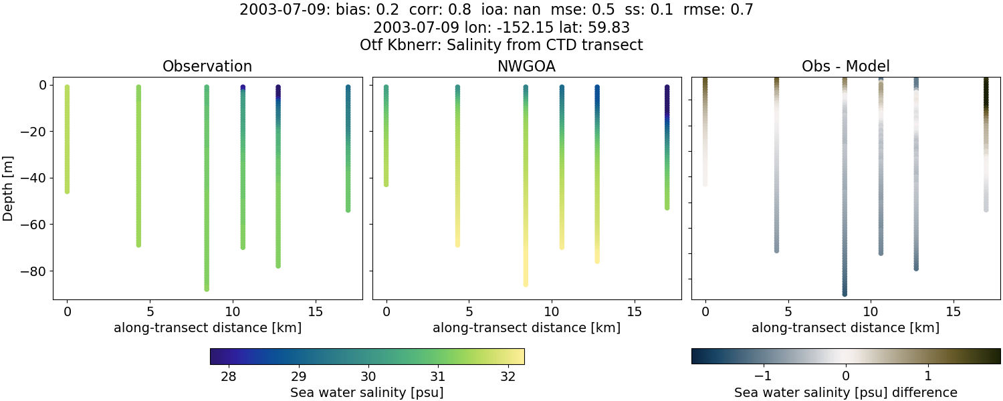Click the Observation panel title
click(207, 67)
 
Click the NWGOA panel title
click(526, 67)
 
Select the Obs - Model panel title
click(845, 67)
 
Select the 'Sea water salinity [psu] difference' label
click(845, 392)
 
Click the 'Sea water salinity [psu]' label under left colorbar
click(366, 392)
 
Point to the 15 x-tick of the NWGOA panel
click(634, 311)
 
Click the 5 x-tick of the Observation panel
click(150, 311)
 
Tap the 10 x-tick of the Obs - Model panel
click(871, 311)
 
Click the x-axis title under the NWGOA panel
click(526, 327)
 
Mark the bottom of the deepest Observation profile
click(207, 289)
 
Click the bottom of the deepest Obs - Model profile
click(845, 293)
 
